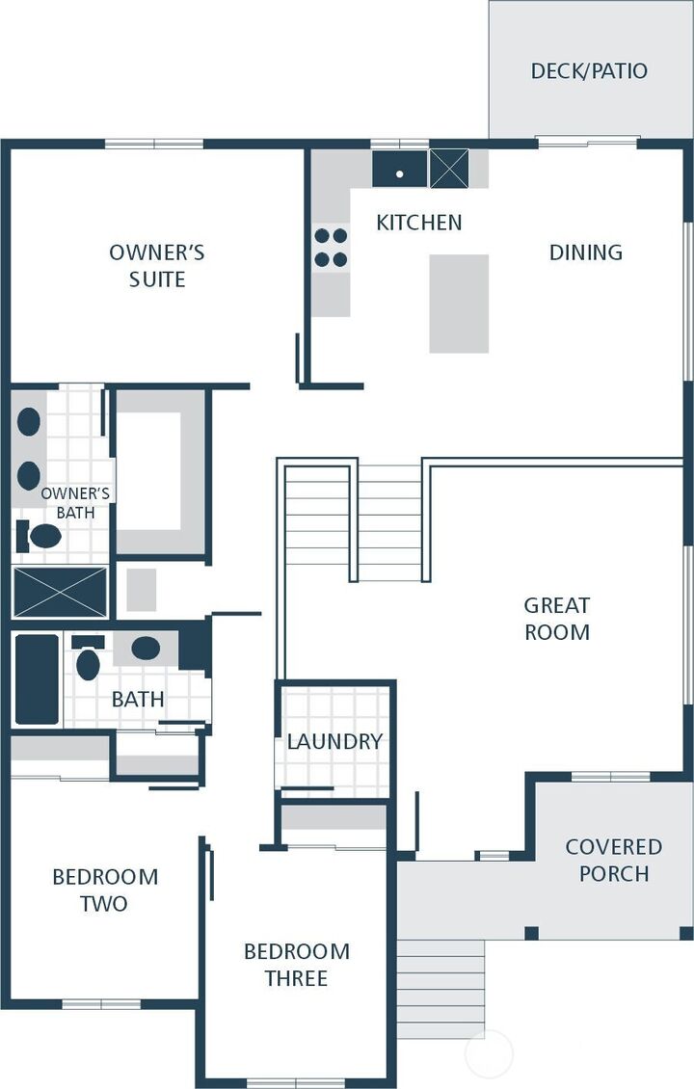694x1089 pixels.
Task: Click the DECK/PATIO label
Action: pyautogui.click(x=589, y=71)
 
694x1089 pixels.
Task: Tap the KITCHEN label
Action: pyautogui.click(x=418, y=223)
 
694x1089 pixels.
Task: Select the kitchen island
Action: pyautogui.click(x=459, y=304)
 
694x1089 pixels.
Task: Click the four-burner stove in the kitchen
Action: pyautogui.click(x=331, y=248)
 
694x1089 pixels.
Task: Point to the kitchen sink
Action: pyautogui.click(x=400, y=170)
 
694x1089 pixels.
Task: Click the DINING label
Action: pyautogui.click(x=585, y=252)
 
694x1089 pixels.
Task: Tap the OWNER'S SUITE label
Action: pyautogui.click(x=157, y=266)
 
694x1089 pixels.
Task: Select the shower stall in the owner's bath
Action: pyautogui.click(x=60, y=592)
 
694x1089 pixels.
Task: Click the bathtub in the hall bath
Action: pyautogui.click(x=37, y=678)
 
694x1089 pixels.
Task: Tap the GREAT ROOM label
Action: pyautogui.click(x=557, y=619)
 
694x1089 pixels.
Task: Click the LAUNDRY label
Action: pyautogui.click(x=334, y=741)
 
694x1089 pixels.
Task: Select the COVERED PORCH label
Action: pyautogui.click(x=613, y=860)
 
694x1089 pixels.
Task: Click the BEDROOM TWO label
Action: pyautogui.click(x=105, y=890)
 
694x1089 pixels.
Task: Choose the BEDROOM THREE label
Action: pyautogui.click(x=296, y=965)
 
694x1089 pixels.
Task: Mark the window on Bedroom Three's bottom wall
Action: pyautogui.click(x=296, y=1082)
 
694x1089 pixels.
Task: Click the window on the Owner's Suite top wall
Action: pyautogui.click(x=154, y=145)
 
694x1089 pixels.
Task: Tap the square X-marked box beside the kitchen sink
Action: pyautogui.click(x=448, y=169)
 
